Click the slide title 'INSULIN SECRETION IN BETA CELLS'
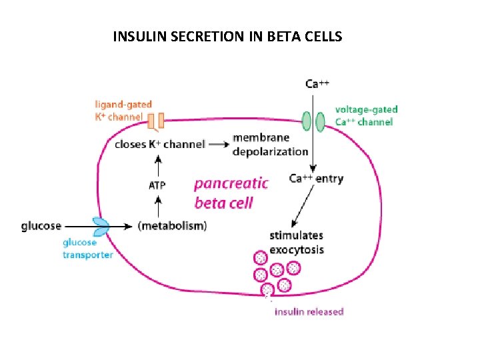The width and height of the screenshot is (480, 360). (227, 36)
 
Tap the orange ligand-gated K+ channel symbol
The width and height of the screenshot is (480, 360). (155, 121)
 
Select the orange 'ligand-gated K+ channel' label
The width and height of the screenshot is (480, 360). (123, 110)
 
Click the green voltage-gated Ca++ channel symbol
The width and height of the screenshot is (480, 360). (313, 121)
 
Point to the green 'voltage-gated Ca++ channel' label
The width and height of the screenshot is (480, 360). (365, 115)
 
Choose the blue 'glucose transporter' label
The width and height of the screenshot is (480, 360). (88, 249)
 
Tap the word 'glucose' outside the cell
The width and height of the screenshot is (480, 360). (41, 227)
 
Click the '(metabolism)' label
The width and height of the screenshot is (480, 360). (172, 226)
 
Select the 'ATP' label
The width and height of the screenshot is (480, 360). (157, 185)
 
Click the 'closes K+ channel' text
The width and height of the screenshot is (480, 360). (159, 144)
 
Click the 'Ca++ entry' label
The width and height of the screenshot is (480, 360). (316, 179)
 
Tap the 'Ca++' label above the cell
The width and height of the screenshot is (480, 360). (317, 84)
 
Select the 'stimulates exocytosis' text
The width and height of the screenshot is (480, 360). (296, 242)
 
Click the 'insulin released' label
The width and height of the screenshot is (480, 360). (309, 311)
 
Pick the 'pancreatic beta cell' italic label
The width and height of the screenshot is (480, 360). (231, 193)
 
